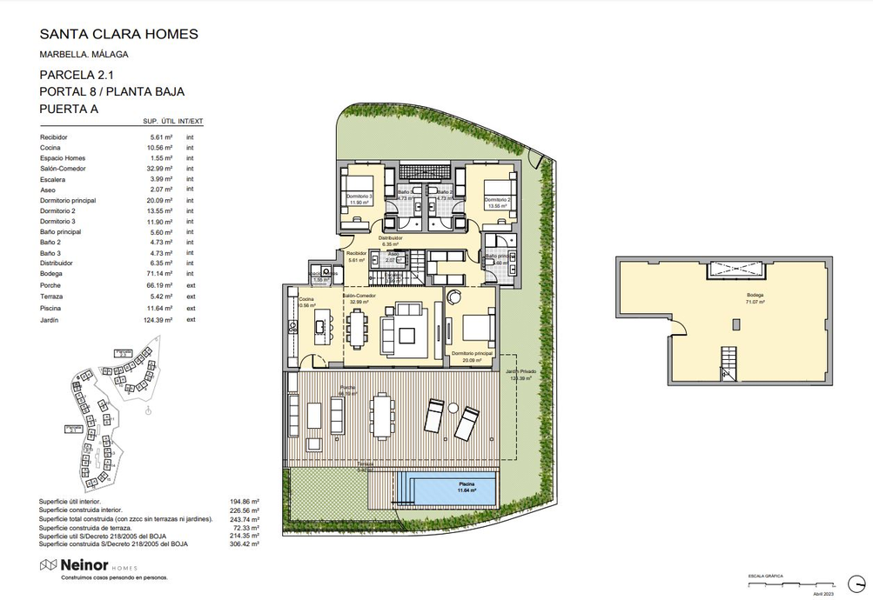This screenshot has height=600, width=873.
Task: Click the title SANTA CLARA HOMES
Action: point(119,35)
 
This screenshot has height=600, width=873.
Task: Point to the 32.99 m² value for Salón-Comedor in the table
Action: point(161,168)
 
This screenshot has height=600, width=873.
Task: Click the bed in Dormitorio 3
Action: point(358,193)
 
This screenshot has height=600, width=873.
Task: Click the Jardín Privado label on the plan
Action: point(520,373)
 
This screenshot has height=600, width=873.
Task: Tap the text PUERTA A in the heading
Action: point(70,109)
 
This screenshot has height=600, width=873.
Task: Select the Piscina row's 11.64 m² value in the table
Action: point(161,309)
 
